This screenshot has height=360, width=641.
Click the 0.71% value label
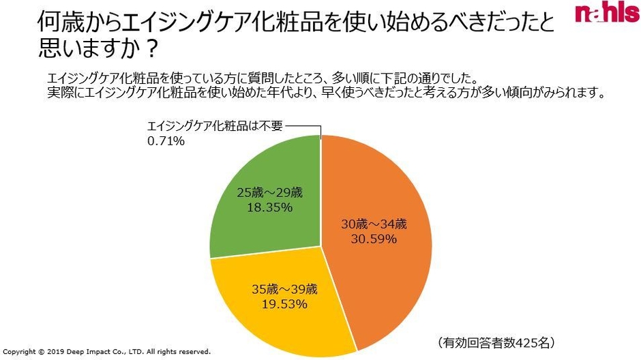point(166,142)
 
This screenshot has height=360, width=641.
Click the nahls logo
point(606,14)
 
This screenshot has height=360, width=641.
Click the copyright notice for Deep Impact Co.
point(107,352)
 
